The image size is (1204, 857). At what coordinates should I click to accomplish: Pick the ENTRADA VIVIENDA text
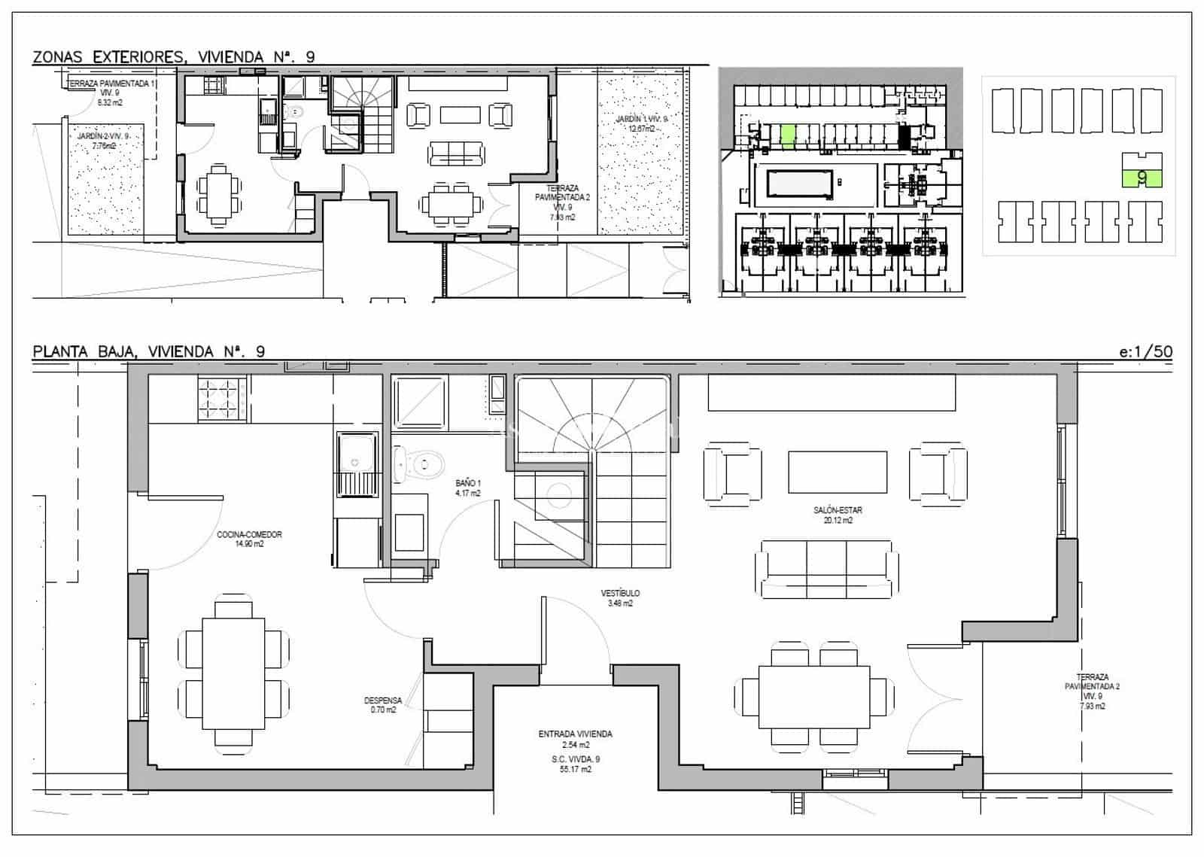575,734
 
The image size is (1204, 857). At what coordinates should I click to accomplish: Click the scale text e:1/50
1145,351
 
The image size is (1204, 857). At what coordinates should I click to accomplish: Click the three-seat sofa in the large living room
826,569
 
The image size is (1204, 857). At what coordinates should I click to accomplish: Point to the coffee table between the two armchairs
837,471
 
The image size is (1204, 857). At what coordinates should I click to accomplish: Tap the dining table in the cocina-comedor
233,673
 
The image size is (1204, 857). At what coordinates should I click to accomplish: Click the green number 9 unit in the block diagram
1142,178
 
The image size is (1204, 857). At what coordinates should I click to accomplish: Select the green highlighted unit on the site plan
787,137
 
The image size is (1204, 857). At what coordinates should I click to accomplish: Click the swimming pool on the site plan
800,184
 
